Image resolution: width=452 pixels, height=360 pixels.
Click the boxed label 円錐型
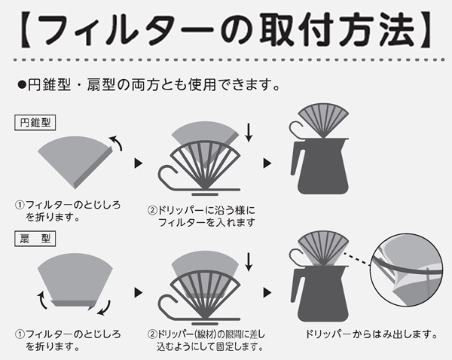point(35,123)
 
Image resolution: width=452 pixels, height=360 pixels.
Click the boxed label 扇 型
point(35,239)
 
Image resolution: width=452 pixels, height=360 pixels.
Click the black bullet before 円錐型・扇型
point(22,85)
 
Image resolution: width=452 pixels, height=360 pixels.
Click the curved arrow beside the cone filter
point(116,142)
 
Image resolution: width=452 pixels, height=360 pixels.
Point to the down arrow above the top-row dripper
point(249,133)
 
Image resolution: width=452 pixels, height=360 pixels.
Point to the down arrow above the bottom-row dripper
point(249,262)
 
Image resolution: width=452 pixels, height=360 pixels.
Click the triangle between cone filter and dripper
point(139,163)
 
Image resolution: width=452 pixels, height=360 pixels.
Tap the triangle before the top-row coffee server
point(267,163)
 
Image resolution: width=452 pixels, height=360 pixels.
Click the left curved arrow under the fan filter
point(42,300)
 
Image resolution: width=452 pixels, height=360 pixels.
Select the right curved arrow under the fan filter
point(104,307)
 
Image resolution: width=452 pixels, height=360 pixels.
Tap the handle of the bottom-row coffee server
point(296,285)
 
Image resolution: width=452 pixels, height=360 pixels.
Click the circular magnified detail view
point(407,270)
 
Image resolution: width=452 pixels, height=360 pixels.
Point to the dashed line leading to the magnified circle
point(356,258)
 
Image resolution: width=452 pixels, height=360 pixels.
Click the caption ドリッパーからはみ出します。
point(371,334)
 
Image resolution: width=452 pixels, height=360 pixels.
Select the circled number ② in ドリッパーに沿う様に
point(152,210)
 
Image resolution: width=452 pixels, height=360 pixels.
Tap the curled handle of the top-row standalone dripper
point(169,176)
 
